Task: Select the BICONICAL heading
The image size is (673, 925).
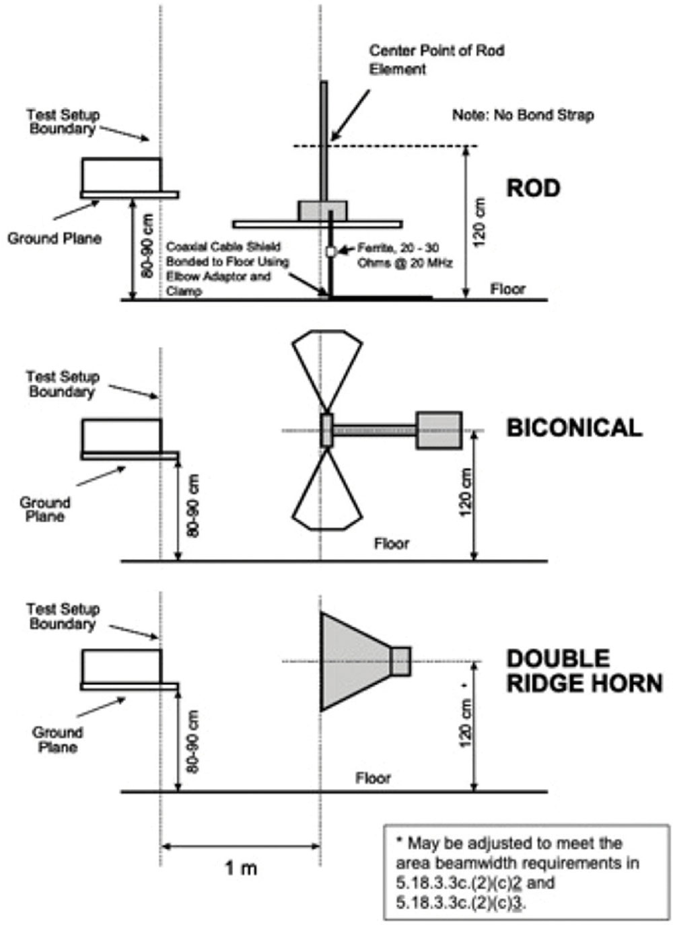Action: click(x=575, y=428)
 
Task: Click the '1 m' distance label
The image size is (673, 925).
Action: click(x=241, y=868)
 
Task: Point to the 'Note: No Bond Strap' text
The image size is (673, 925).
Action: click(x=523, y=115)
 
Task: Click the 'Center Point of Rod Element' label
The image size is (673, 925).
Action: click(x=437, y=60)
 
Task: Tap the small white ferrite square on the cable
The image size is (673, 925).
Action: click(x=330, y=251)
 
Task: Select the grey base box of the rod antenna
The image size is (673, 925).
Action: click(x=322, y=211)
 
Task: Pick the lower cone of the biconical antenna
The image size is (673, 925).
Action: click(x=327, y=490)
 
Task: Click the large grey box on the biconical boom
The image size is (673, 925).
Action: click(x=439, y=430)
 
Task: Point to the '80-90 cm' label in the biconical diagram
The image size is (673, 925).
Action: click(x=192, y=505)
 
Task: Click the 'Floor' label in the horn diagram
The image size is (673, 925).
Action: click(x=373, y=779)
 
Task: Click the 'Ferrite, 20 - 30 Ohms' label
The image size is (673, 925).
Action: click(x=404, y=256)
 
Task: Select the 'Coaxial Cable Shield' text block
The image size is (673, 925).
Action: click(x=227, y=269)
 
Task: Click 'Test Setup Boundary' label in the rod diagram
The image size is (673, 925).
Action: click(x=63, y=121)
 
